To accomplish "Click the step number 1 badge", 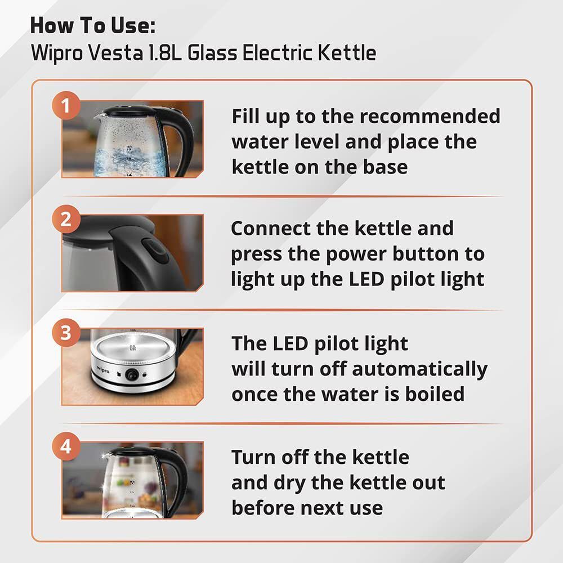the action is (x=66, y=105).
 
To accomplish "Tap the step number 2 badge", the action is (x=66, y=219).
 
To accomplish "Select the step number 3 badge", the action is (x=66, y=333).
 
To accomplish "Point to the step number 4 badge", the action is (x=66, y=446).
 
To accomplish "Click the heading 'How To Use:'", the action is (x=93, y=26).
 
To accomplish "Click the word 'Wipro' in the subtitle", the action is (x=57, y=53).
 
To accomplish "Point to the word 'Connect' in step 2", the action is (x=271, y=229).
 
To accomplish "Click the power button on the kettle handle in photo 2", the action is (x=155, y=251).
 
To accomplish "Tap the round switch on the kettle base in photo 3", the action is (x=132, y=374).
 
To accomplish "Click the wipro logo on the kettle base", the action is (x=102, y=369).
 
